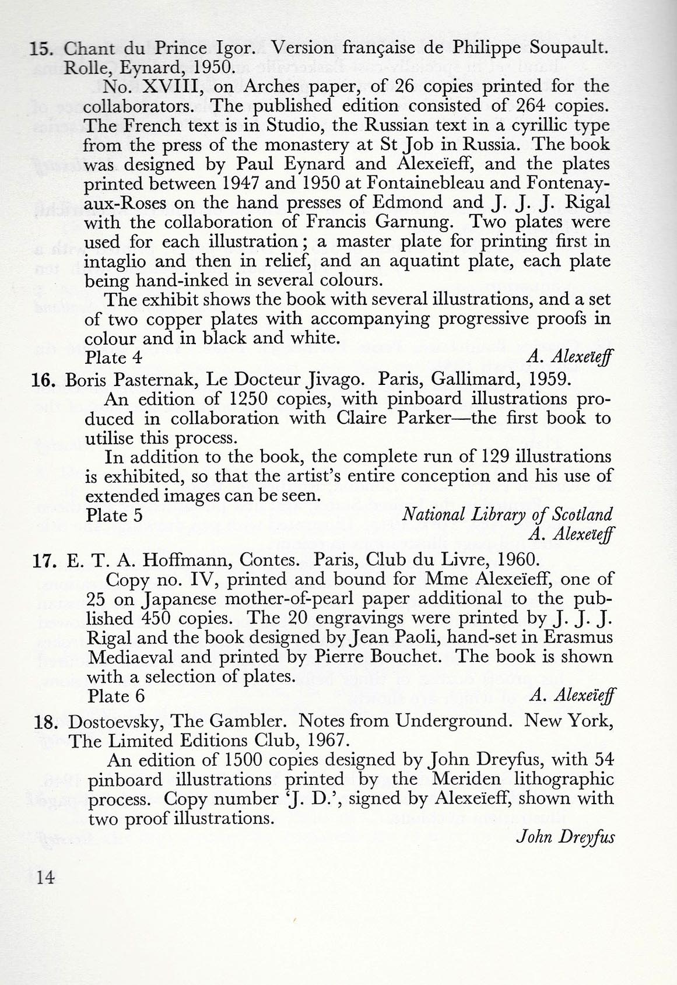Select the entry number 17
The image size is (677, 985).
[x=44, y=560]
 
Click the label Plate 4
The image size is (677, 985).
[x=113, y=357]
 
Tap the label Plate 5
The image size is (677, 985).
[x=114, y=515]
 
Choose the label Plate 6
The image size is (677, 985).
[x=115, y=696]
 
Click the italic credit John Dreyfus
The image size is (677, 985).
[x=565, y=837]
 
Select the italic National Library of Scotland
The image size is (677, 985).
[x=507, y=514]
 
